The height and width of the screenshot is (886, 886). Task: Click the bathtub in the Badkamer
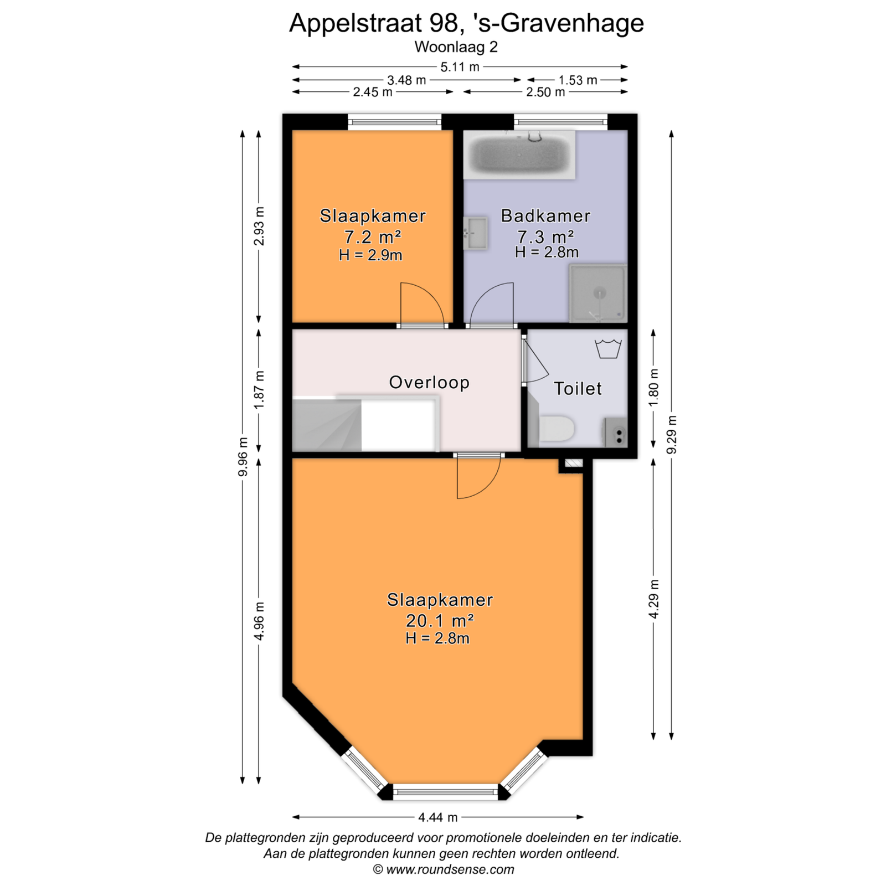[x=519, y=154]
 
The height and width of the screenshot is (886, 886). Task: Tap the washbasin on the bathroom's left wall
[x=475, y=233]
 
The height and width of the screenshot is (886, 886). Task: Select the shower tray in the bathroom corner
[x=598, y=294]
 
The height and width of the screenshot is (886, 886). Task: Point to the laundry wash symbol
[x=608, y=349]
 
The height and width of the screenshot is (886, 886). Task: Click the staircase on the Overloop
[x=327, y=424]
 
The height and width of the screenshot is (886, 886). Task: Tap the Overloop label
[x=429, y=382]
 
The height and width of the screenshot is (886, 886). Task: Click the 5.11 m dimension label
[x=460, y=67]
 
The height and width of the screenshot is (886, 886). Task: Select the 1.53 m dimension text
[x=578, y=80]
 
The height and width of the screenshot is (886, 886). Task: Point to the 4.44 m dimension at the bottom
[x=437, y=817]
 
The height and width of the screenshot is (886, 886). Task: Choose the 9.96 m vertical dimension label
[x=243, y=456]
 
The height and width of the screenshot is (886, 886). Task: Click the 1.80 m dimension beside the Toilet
[x=654, y=387]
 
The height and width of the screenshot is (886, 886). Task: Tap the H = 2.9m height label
[x=370, y=255]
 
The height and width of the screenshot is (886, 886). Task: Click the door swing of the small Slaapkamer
[x=422, y=304]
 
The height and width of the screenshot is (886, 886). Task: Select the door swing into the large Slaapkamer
[x=479, y=477]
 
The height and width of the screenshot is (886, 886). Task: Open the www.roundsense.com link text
[x=450, y=869]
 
